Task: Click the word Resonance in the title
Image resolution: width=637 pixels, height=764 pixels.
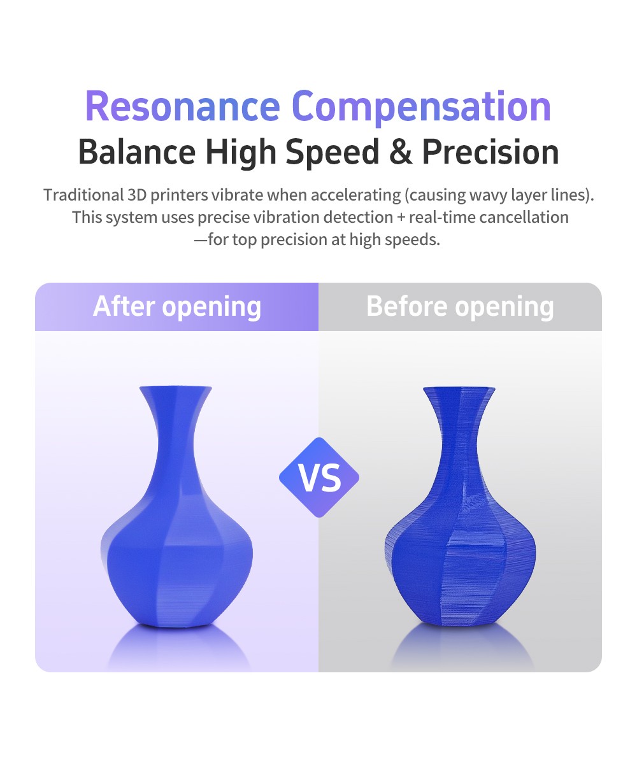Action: [183, 106]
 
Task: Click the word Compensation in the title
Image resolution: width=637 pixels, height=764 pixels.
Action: [421, 108]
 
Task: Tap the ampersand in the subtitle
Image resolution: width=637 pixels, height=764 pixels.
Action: [401, 152]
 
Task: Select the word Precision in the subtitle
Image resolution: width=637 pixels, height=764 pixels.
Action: [490, 152]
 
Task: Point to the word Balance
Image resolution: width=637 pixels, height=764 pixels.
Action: [137, 152]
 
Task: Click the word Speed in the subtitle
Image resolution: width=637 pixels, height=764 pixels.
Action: [333, 153]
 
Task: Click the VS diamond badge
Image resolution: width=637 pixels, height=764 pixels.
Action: [319, 478]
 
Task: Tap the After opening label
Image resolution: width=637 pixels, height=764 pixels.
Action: [177, 308]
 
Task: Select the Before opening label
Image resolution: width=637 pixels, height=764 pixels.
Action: [460, 308]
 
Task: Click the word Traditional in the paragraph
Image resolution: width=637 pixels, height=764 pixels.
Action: [84, 195]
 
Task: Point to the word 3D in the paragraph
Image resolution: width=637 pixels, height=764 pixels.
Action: [137, 195]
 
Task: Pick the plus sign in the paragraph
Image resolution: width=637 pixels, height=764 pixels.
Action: [401, 218]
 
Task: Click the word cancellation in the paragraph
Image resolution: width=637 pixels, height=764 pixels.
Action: [524, 217]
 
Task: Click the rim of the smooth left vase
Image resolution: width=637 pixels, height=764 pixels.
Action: [176, 388]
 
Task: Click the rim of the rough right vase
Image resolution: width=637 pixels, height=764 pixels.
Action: [459, 389]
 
